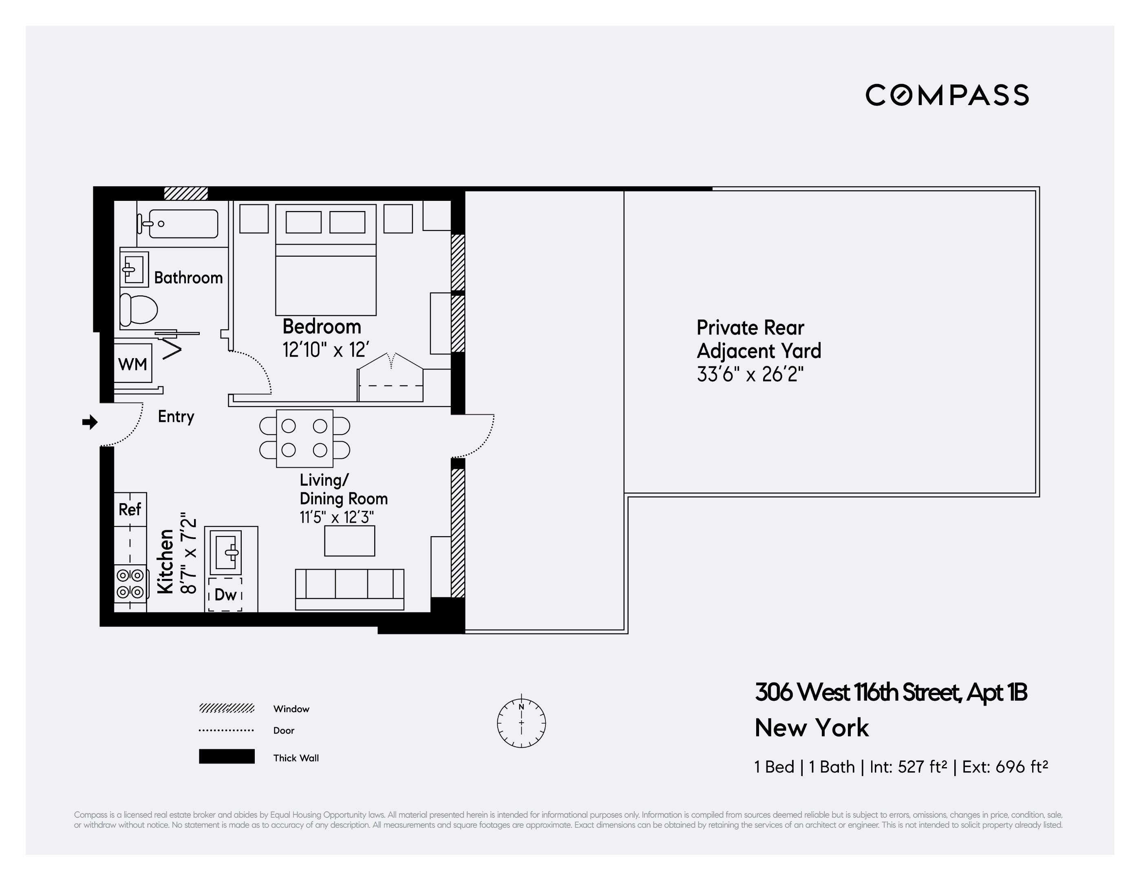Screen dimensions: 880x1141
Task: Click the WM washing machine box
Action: click(x=133, y=363)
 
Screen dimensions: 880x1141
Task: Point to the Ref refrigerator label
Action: click(x=130, y=509)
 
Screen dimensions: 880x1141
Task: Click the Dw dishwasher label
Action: click(x=226, y=594)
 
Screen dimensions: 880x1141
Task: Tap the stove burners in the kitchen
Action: click(x=130, y=583)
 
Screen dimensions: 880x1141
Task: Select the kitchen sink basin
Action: click(x=227, y=551)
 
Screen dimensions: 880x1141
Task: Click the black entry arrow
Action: click(x=90, y=422)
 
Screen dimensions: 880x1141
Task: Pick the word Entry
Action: click(x=176, y=416)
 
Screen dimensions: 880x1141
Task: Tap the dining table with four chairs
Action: click(x=305, y=438)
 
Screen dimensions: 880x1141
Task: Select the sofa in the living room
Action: click(x=349, y=589)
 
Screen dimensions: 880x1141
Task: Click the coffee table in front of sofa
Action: click(x=349, y=541)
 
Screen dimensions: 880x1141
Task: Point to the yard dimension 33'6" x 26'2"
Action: click(x=750, y=374)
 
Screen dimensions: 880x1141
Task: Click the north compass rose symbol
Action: click(x=521, y=723)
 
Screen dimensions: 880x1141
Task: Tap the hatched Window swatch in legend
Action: click(x=226, y=708)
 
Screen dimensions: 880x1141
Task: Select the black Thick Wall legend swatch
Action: click(x=226, y=756)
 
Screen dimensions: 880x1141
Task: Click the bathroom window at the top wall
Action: click(x=186, y=193)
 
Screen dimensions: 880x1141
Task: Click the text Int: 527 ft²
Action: click(x=908, y=767)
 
